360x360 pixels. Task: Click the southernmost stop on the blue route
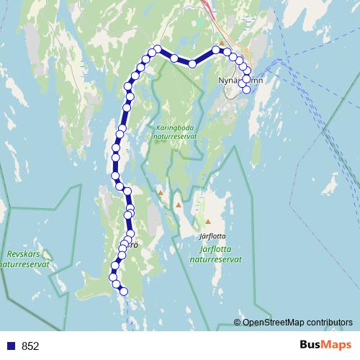123,291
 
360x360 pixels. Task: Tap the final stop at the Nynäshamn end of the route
247,89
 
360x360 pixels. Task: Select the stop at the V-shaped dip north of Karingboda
192,64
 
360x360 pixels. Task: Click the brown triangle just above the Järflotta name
208,221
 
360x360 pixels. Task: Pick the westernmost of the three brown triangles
161,193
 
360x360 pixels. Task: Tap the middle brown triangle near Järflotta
178,205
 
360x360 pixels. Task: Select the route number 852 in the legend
30,346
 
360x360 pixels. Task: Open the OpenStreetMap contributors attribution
297,323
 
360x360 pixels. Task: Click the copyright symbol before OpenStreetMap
237,323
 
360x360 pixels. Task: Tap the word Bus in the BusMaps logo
310,346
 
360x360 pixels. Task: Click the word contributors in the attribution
329,323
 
